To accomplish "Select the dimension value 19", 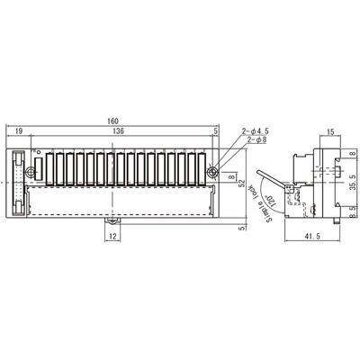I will tap(18, 131).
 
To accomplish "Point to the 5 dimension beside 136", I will tap(217, 131).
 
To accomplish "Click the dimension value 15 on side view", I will tap(332, 132).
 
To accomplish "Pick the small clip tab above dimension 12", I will tap(112, 219).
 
